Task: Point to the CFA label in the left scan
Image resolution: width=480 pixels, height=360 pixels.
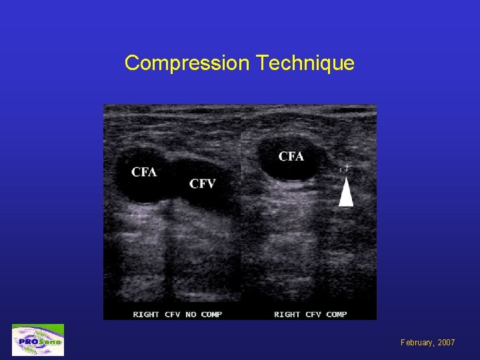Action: coord(144,172)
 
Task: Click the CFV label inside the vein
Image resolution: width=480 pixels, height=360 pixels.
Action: coord(202,183)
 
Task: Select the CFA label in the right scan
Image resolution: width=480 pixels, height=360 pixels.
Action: coord(291,157)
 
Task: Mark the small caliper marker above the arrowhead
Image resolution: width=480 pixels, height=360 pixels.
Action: coord(345,169)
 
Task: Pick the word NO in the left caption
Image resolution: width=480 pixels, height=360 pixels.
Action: coord(191,314)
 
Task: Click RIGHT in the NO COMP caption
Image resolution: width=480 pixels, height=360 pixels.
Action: coord(146,314)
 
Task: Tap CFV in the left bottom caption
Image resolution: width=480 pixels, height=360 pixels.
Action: coord(173,314)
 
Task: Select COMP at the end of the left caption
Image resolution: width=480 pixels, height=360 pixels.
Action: coord(211,314)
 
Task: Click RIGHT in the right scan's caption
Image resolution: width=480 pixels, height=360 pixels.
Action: coord(287,314)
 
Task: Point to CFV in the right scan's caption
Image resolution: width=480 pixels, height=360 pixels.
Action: coord(314,314)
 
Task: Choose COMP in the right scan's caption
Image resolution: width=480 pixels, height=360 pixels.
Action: coord(336,314)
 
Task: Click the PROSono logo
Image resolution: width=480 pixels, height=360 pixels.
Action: coord(38,340)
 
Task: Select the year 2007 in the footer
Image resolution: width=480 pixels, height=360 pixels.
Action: coord(446,342)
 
